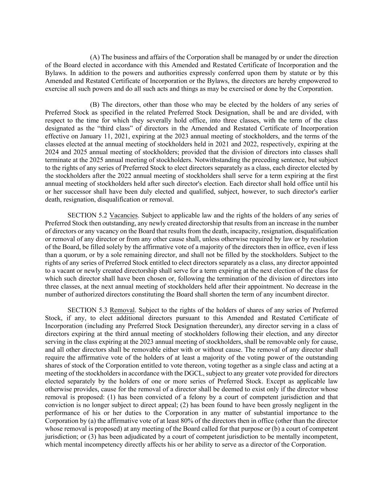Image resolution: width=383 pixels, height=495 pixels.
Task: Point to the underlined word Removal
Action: pos(123,310)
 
